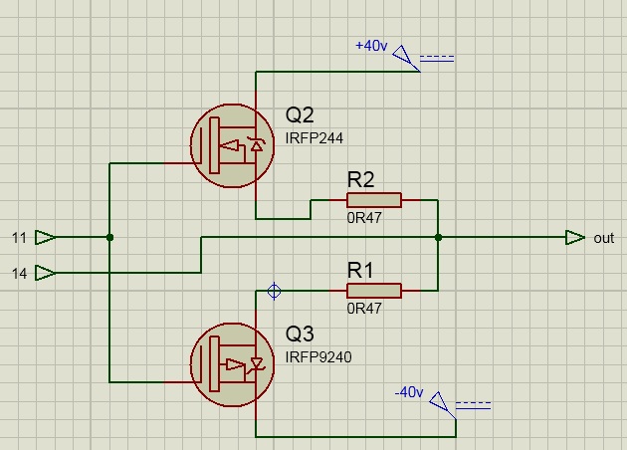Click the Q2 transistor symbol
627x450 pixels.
231,146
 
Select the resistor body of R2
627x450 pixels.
374,200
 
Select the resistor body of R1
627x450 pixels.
374,291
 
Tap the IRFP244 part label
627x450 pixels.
314,138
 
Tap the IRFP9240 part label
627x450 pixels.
318,356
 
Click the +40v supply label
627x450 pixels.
371,46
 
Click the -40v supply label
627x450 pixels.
410,392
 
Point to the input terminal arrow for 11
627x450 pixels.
46,237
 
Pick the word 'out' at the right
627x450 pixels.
604,238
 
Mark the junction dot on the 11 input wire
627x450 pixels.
109,237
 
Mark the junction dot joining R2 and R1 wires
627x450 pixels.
438,237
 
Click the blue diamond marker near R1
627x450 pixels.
275,291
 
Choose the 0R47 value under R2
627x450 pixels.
363,218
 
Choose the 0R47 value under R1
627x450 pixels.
363,309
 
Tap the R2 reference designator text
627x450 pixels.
360,180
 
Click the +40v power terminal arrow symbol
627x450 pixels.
406,60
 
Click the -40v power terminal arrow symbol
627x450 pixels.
444,406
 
